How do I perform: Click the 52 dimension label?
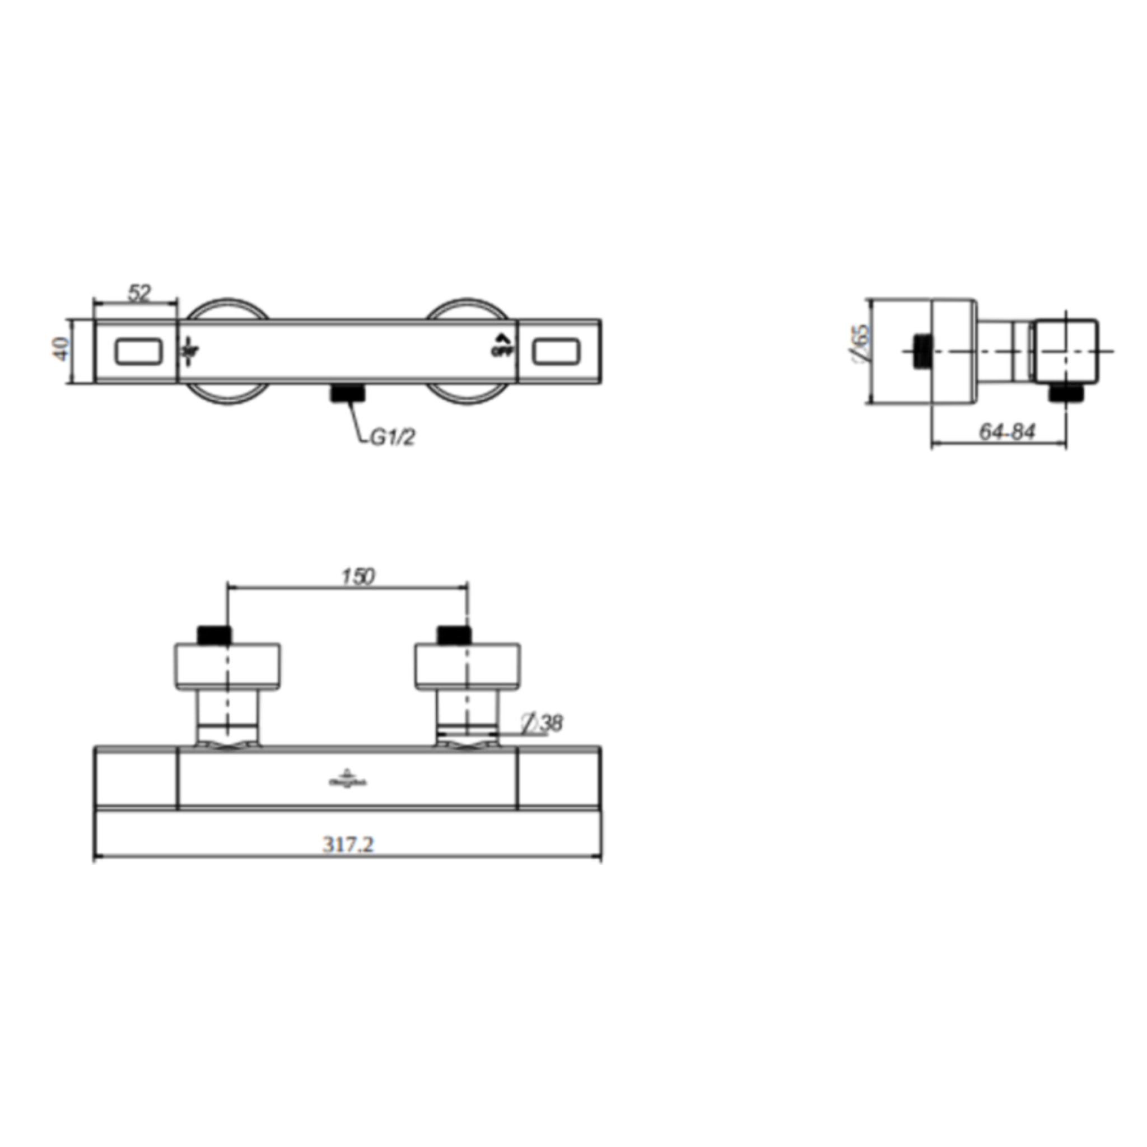coord(139,293)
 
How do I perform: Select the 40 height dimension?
coord(61,349)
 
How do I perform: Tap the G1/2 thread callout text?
coord(393,437)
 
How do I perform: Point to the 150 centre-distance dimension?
coord(358,576)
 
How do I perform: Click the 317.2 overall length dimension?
coord(348,843)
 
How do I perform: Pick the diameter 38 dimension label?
coord(542,722)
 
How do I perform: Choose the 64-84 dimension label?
coord(1007,432)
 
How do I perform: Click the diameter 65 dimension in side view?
coord(860,344)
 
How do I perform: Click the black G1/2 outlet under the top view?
coord(347,393)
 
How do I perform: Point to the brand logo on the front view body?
coord(348,779)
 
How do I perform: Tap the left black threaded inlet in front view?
coord(214,635)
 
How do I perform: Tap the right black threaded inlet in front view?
coord(454,635)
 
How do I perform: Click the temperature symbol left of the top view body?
coord(189,348)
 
